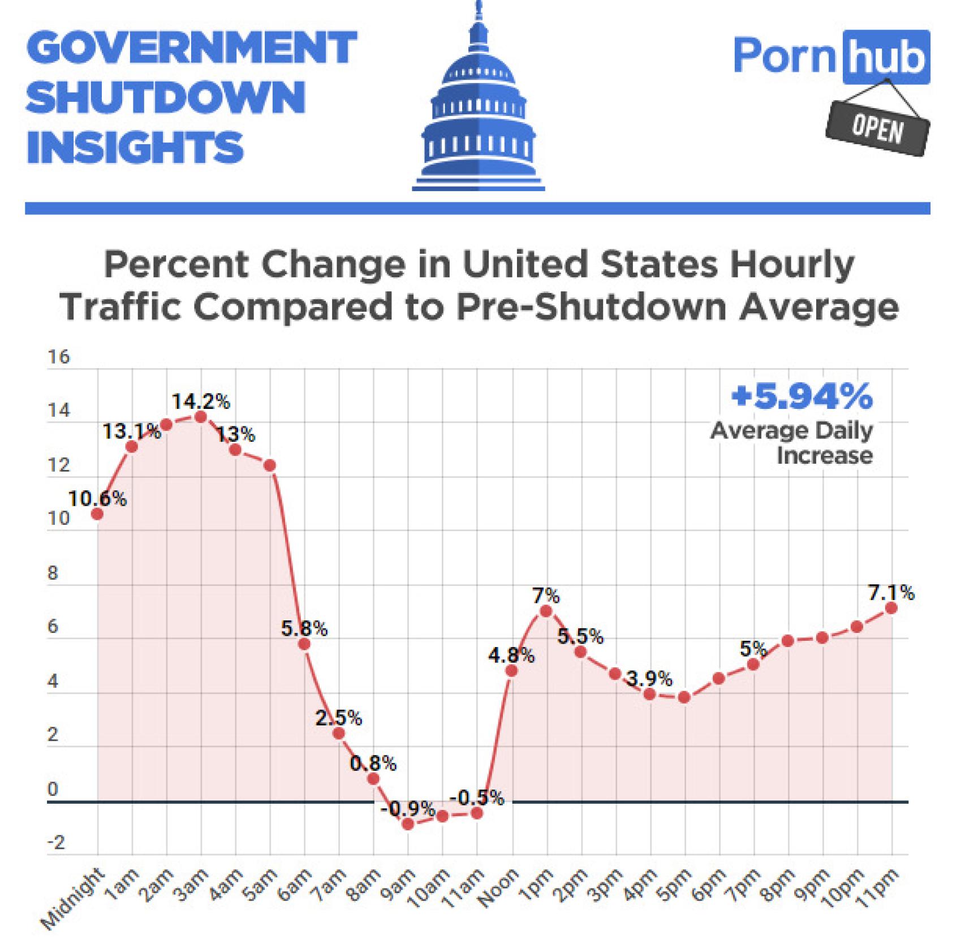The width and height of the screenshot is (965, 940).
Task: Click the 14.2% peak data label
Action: (201, 402)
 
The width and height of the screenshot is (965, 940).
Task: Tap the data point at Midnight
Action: (97, 514)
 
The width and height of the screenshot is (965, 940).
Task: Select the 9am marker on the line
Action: (408, 824)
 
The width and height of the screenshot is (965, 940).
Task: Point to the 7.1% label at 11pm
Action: (891, 593)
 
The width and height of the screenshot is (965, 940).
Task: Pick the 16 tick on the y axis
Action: (59, 357)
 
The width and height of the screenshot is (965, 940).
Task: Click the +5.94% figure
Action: (802, 397)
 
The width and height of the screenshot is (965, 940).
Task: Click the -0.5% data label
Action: (476, 798)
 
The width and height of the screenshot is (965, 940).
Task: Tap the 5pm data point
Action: (684, 697)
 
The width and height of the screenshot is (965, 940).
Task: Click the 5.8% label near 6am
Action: (304, 628)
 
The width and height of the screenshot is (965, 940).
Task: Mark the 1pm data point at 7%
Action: (546, 611)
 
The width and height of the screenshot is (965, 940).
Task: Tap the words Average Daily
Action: (791, 431)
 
